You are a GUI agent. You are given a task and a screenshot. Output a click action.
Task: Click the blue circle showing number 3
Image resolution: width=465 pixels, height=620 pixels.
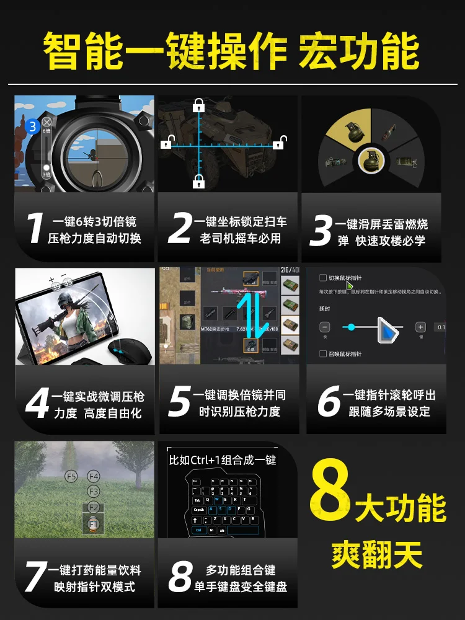click(x=32, y=127)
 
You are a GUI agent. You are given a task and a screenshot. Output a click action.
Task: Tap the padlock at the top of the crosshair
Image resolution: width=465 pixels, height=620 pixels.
click(x=199, y=104)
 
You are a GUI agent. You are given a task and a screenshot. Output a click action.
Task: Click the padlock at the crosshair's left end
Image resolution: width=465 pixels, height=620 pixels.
click(x=166, y=144)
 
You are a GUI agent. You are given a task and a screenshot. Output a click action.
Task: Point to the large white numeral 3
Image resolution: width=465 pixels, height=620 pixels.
click(x=320, y=231)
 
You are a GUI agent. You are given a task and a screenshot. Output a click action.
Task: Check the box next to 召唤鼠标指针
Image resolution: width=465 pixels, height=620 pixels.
click(x=322, y=353)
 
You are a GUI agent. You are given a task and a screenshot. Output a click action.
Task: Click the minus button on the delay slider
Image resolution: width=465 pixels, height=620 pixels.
click(x=325, y=327)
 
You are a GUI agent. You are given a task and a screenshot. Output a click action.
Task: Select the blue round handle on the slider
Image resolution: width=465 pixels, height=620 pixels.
click(x=352, y=327)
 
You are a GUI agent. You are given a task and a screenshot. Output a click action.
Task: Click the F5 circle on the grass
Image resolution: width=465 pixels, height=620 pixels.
click(x=71, y=476)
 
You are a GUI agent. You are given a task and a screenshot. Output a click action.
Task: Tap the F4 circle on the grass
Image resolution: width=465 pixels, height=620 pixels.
click(x=94, y=476)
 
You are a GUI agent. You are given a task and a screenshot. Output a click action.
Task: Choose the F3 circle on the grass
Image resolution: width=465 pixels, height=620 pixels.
click(x=93, y=491)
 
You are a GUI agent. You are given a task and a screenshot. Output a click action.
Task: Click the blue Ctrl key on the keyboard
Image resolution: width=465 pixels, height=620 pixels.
click(x=198, y=530)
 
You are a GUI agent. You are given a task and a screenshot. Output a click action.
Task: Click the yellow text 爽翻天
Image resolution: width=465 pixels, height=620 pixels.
click(x=376, y=553)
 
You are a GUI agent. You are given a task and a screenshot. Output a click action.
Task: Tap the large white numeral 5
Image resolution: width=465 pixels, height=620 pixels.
click(x=179, y=402)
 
